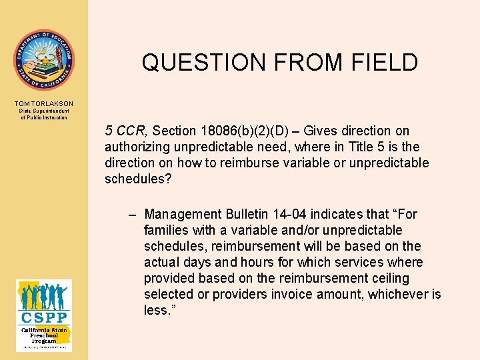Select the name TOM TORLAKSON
(x=43, y=104)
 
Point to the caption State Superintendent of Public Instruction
(x=43, y=114)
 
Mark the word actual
(x=162, y=263)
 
